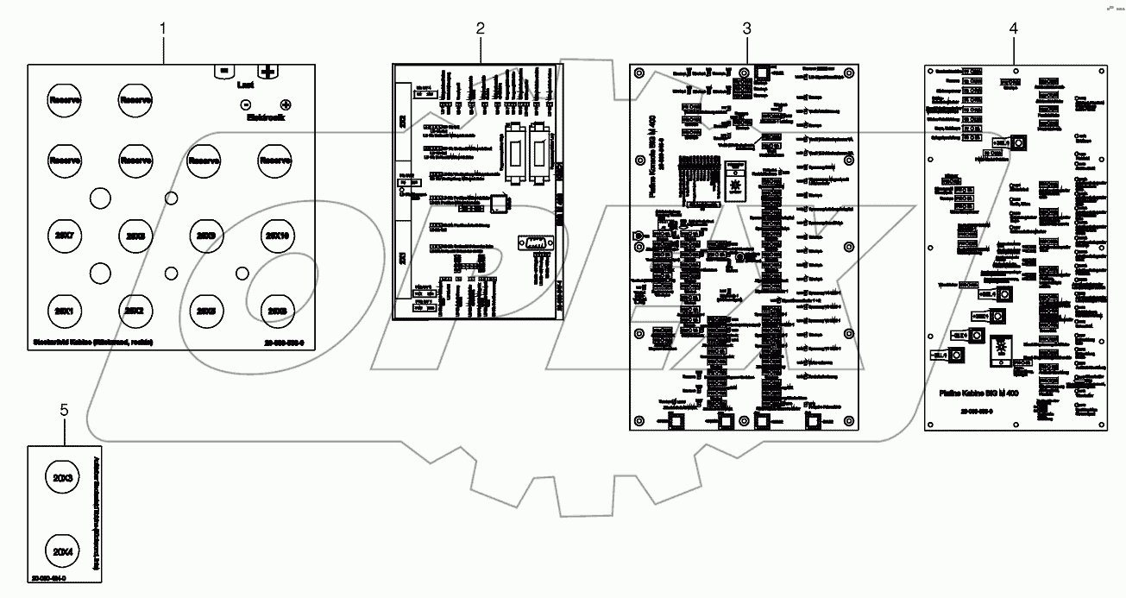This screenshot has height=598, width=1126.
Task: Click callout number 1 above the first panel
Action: pos(163,28)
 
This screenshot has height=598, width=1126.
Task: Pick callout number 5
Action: pos(64,410)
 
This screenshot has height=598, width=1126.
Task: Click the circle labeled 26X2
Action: pos(134,310)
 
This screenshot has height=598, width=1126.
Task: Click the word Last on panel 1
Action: pos(245,85)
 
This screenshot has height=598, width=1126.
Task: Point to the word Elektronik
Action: pos(265,117)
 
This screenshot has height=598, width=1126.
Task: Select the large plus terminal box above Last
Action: pos(268,71)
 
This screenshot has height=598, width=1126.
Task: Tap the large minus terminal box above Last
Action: pos(223,70)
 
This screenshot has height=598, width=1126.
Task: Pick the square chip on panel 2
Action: pos(500,204)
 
